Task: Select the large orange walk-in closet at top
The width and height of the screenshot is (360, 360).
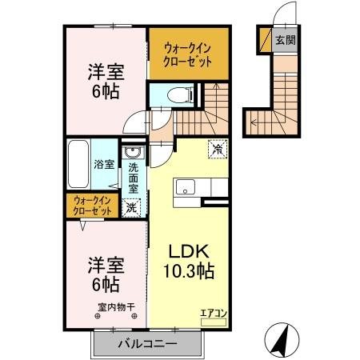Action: (183, 53)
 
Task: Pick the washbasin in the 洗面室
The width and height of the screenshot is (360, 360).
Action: (133, 154)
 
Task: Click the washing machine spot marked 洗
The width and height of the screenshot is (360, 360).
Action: (132, 206)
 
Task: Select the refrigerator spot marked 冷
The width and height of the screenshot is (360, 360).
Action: (217, 147)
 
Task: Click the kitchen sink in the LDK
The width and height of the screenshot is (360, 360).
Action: (185, 189)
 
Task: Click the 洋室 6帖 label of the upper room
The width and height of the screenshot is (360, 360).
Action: (105, 80)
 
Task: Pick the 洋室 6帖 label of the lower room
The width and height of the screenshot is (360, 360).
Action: (105, 274)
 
